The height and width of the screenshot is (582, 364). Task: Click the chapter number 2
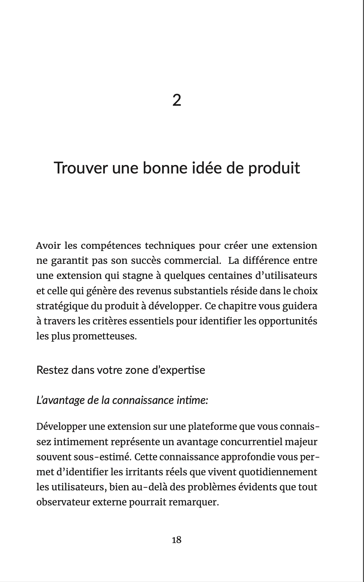(176, 100)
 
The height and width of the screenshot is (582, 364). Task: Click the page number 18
(176, 540)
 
